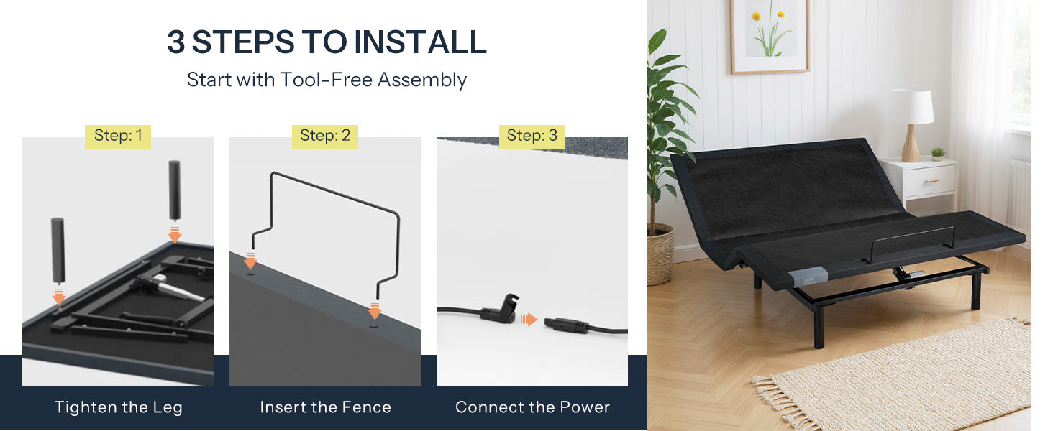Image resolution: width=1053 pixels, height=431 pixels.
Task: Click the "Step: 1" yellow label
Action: tap(118, 136)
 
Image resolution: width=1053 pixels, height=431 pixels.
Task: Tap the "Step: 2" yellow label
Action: tap(325, 136)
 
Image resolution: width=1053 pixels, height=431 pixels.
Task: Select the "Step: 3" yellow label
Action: tap(532, 136)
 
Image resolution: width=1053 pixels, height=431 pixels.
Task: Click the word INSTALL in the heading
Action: tap(420, 42)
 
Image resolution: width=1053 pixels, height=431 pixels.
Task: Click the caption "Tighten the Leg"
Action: tap(119, 407)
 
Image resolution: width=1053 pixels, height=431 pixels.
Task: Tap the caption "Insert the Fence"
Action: tap(325, 407)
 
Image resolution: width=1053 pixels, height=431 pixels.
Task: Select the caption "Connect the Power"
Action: tap(532, 407)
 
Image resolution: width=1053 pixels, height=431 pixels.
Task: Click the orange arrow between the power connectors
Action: tap(529, 320)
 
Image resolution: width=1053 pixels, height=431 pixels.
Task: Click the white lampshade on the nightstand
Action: tap(914, 107)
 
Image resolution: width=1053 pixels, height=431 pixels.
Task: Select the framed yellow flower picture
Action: tap(770, 37)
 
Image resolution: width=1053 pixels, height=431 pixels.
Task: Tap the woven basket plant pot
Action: tap(660, 256)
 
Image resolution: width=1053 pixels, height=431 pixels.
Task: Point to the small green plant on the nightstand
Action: tap(937, 154)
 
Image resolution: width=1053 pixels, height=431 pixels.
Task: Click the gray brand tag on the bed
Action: tap(808, 277)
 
